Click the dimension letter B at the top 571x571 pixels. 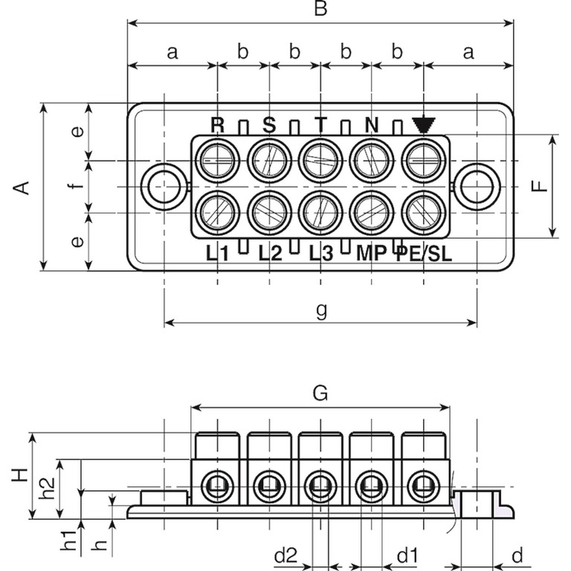coord(320,9)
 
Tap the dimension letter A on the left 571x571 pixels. coord(24,187)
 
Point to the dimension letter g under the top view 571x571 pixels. coord(321,309)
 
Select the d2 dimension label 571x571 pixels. coord(286,555)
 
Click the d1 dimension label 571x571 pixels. coord(406,555)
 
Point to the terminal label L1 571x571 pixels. coord(217,253)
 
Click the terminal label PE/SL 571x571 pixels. coord(423,253)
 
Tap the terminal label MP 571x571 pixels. coord(371,253)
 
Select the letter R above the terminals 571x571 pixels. coord(217,124)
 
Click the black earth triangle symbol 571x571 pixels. coord(424,125)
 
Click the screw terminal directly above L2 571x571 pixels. coord(269,213)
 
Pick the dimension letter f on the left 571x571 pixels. coord(73,187)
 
